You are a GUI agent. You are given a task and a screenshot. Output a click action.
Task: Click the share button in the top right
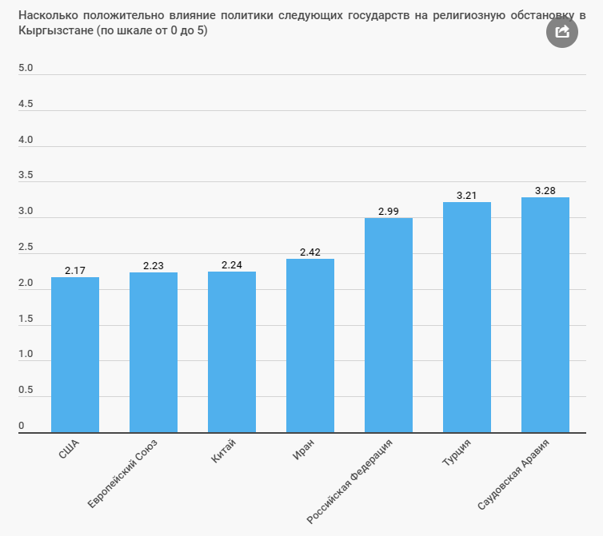click(561, 31)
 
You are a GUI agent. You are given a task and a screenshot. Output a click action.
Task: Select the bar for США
click(75, 355)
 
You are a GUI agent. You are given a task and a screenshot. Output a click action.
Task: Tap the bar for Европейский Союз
click(154, 352)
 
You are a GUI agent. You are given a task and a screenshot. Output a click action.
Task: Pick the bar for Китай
click(232, 352)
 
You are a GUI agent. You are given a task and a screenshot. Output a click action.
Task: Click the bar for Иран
click(310, 346)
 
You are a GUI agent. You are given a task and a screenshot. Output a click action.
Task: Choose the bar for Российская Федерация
click(389, 325)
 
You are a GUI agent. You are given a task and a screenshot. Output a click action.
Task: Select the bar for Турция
click(467, 317)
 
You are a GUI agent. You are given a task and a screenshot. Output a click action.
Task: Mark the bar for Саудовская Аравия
click(545, 315)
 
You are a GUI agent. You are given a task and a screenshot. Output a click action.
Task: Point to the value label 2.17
click(75, 271)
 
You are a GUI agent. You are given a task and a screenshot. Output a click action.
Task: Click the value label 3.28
click(545, 191)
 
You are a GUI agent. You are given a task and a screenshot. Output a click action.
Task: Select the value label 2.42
click(310, 252)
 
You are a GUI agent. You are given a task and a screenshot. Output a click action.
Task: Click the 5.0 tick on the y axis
click(26, 68)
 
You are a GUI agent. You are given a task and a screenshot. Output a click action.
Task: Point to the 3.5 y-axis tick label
click(26, 176)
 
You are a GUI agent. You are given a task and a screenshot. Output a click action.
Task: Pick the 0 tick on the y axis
click(22, 426)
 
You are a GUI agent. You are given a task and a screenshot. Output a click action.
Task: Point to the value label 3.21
click(467, 196)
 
